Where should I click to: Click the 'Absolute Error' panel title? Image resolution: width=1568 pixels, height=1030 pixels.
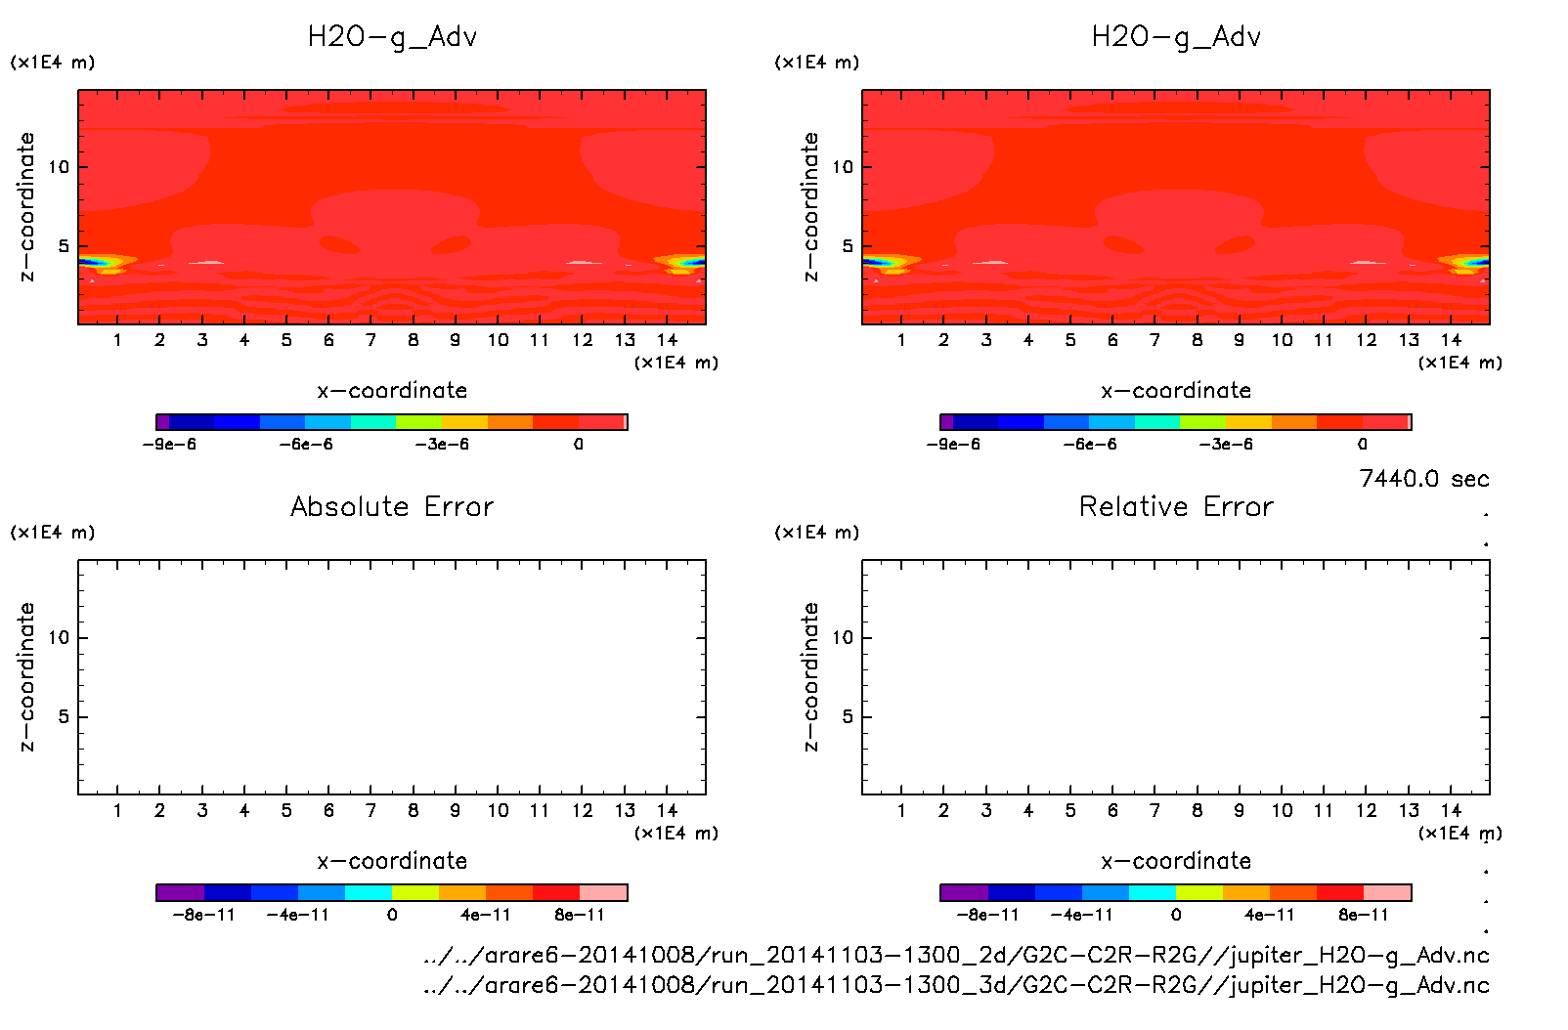[x=392, y=506]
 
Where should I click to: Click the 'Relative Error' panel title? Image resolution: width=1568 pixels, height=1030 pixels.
[x=1176, y=506]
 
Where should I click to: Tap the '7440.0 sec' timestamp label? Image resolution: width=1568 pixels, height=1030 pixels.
[x=1423, y=479]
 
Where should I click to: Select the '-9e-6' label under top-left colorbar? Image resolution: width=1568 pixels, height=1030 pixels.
[x=170, y=445]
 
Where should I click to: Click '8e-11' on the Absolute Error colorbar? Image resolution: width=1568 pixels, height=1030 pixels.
[x=580, y=916]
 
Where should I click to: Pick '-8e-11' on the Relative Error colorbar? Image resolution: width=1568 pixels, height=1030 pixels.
[x=987, y=916]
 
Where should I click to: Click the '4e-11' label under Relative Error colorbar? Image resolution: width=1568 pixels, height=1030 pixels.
[x=1269, y=916]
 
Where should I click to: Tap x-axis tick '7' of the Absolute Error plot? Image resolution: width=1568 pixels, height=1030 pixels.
[x=370, y=810]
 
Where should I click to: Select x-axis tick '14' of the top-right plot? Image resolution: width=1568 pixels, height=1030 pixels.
[x=1451, y=340]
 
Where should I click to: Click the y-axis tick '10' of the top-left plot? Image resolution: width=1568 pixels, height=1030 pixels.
[x=59, y=167]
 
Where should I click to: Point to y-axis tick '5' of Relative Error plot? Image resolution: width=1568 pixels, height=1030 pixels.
[x=848, y=717]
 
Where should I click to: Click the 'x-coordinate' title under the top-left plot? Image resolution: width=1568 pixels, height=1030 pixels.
[x=392, y=391]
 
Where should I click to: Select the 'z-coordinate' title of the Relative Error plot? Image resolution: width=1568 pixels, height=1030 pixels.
[x=810, y=676]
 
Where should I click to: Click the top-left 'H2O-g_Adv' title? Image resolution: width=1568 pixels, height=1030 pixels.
[x=392, y=37]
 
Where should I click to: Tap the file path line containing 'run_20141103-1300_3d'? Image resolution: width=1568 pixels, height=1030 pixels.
[x=956, y=985]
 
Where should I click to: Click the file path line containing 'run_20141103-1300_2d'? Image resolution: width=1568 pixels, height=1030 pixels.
[x=956, y=955]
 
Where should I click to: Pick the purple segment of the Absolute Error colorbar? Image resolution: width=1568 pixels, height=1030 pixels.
[x=180, y=892]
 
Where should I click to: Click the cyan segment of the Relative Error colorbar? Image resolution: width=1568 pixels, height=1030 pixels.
[x=1153, y=892]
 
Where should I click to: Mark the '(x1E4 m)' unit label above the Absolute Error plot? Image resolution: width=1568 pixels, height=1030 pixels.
[x=53, y=533]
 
